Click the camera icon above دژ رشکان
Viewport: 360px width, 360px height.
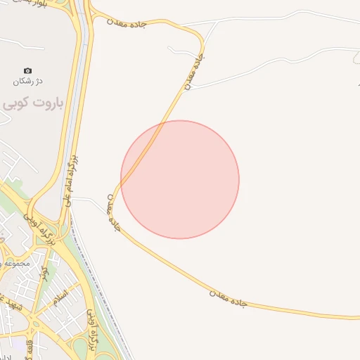point(27,70)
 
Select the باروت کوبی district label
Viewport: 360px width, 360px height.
point(33,104)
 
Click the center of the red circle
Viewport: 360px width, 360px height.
point(180,179)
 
